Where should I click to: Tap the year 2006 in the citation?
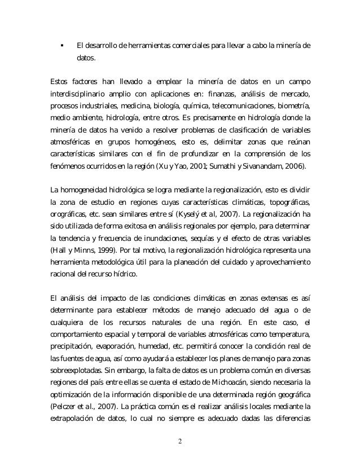point(290,167)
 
